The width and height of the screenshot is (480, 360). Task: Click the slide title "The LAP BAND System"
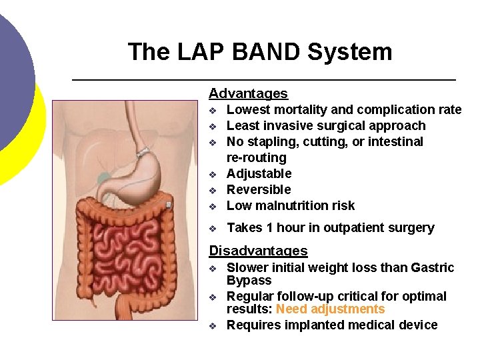259,52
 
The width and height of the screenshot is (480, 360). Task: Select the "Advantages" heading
248,94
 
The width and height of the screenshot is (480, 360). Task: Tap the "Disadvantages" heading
258,251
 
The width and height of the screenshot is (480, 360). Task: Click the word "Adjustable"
259,174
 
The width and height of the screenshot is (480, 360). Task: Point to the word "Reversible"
259,190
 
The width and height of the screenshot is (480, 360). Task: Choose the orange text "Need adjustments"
330,309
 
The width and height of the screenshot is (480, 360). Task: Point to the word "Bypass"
249,281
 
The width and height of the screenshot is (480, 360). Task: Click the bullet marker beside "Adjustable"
213,175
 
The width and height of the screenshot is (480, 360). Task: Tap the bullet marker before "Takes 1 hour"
213,229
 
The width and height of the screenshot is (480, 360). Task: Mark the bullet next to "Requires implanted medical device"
213,326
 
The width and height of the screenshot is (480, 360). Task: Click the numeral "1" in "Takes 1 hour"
269,228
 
